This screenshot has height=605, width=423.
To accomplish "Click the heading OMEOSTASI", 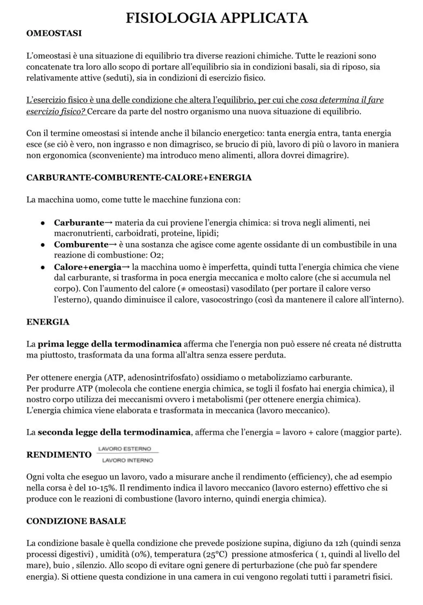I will [x=54, y=33].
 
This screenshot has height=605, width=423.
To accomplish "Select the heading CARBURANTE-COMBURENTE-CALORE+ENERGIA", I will [x=139, y=178].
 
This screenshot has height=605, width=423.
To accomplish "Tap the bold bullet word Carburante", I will [x=79, y=223].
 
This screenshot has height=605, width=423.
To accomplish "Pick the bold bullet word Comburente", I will [x=81, y=245].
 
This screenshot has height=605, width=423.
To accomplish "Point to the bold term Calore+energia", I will [x=87, y=267].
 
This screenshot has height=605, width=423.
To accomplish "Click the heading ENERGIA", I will [x=48, y=322].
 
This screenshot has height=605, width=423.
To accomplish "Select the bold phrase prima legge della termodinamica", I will [x=110, y=344].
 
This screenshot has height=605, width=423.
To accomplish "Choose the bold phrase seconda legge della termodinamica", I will [x=114, y=432].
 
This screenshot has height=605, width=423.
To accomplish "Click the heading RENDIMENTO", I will [x=59, y=455].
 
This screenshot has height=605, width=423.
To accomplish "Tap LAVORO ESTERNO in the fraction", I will [x=124, y=449].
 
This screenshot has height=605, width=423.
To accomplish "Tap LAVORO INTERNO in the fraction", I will [x=128, y=460].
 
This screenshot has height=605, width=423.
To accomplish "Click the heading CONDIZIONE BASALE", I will [x=76, y=521].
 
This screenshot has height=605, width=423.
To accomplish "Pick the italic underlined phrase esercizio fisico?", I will [x=56, y=111].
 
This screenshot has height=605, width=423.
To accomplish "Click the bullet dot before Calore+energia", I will [x=42, y=267].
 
